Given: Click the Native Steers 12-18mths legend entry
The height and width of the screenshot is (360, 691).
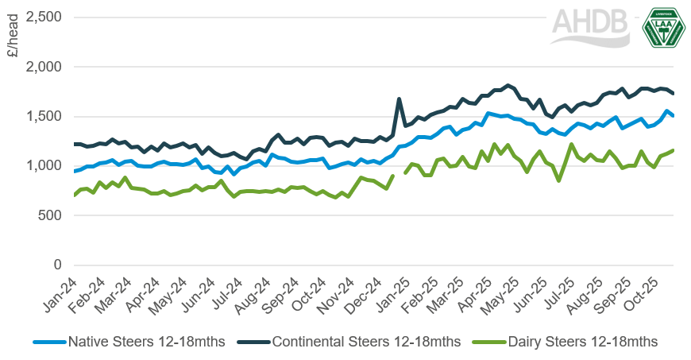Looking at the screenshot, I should coord(129,342).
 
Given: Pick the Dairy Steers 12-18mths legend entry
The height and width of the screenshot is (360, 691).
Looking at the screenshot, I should coord(565,342).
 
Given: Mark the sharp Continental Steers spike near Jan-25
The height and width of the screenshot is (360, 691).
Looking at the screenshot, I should coord(399,99).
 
